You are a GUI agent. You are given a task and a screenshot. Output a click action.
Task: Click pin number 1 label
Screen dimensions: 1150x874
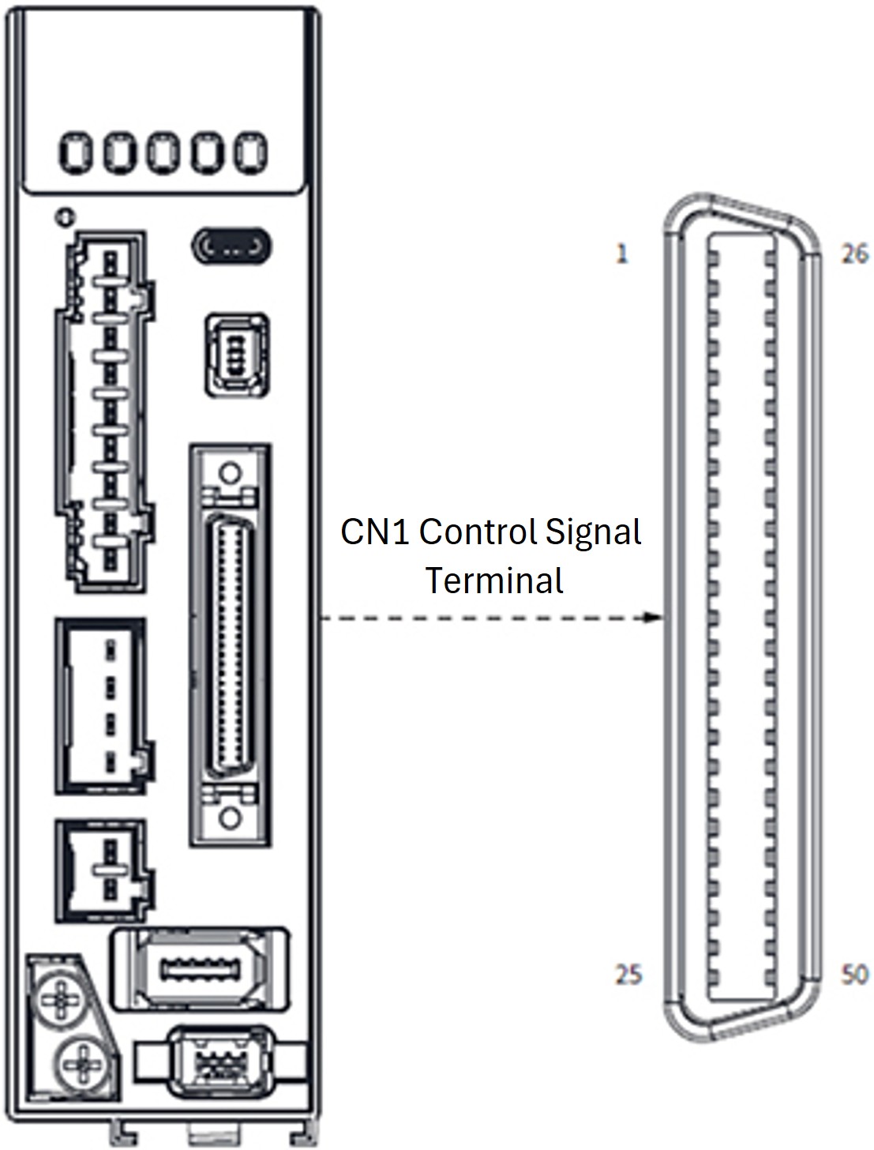pyautogui.click(x=622, y=254)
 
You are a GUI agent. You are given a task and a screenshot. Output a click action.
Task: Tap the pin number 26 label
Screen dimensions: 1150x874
pyautogui.click(x=854, y=254)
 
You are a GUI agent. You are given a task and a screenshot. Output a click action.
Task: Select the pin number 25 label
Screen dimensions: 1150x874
pyautogui.click(x=628, y=975)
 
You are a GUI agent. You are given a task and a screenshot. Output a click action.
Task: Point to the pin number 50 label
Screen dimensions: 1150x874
pyautogui.click(x=854, y=975)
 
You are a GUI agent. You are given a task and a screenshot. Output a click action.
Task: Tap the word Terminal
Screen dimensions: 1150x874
pyautogui.click(x=495, y=581)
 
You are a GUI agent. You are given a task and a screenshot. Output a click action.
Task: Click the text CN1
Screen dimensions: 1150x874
pyautogui.click(x=374, y=532)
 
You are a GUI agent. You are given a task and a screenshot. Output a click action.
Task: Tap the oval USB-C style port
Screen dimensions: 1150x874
pyautogui.click(x=232, y=246)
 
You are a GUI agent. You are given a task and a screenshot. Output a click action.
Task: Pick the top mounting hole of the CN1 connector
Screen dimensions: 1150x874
pyautogui.click(x=229, y=474)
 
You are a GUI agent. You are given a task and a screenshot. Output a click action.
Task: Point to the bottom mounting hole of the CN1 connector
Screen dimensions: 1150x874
pyautogui.click(x=229, y=817)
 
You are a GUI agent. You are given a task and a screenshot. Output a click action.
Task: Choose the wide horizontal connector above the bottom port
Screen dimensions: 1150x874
pyautogui.click(x=199, y=968)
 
